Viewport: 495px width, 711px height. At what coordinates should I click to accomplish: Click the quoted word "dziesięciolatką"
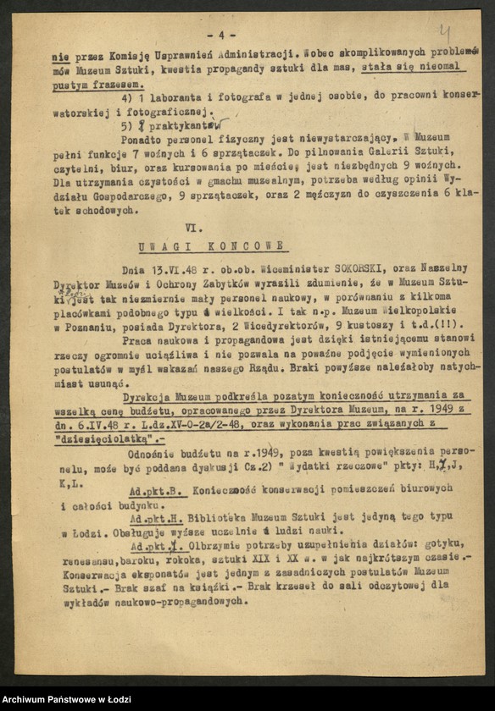(x=104, y=442)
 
